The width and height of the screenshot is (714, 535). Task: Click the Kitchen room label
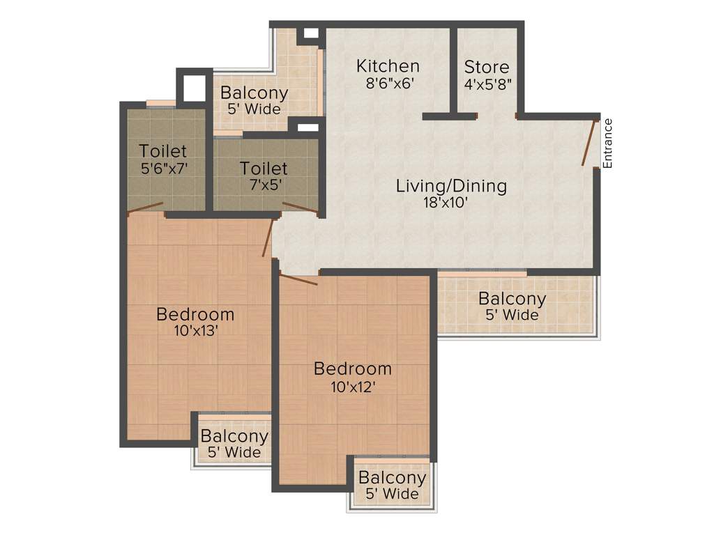coord(388,66)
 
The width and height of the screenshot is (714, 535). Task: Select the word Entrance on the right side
coord(607,144)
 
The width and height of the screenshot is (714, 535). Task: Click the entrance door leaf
coord(590,143)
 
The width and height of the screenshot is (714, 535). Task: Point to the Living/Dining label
coord(451,186)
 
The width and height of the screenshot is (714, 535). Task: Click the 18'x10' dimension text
coord(451,203)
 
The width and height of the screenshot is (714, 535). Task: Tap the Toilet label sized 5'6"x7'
coord(163,150)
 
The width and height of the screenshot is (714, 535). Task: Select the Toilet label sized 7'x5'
coord(264,169)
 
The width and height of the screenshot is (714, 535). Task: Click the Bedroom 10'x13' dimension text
coord(195,331)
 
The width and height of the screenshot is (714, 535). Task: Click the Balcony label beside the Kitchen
coord(254,93)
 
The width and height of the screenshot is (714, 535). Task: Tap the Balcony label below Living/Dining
coord(512,299)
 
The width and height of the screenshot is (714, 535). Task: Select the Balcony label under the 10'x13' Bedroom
coord(234,437)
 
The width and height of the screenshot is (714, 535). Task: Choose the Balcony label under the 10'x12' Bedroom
coord(392,479)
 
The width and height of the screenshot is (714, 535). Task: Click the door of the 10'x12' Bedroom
coord(298,280)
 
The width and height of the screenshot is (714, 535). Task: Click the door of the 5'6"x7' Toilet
coord(146,207)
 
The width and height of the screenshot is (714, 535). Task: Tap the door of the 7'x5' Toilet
coord(301,208)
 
